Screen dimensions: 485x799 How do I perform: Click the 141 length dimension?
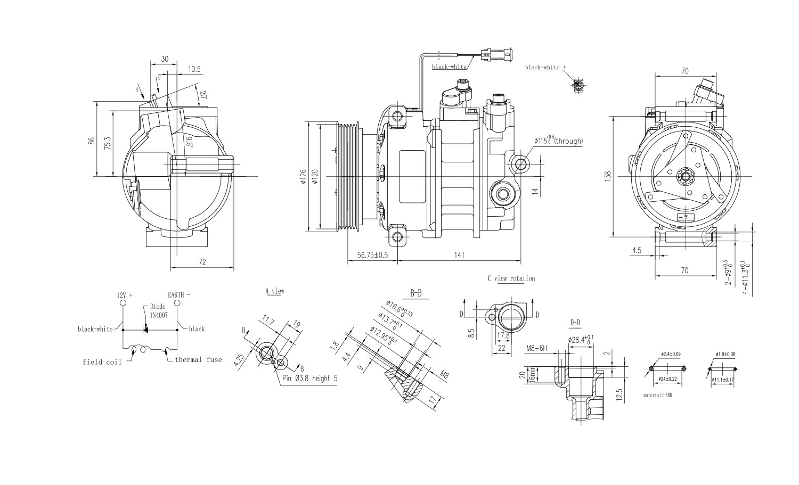459,255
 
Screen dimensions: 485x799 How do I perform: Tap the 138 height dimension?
608,176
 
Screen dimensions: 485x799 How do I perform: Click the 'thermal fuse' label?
198,359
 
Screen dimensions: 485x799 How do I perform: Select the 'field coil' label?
102,362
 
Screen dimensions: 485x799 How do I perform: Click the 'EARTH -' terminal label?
179,294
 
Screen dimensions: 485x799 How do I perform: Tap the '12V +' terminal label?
124,294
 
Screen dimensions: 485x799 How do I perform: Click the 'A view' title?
275,291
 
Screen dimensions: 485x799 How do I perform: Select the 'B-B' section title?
416,293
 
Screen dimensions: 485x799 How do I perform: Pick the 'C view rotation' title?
511,278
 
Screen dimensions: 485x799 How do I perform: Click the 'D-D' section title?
575,322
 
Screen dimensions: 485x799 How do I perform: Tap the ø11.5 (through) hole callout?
559,141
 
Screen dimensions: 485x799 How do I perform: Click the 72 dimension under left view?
202,261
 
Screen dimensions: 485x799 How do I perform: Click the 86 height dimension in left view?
92,141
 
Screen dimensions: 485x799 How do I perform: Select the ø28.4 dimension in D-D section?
581,339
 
